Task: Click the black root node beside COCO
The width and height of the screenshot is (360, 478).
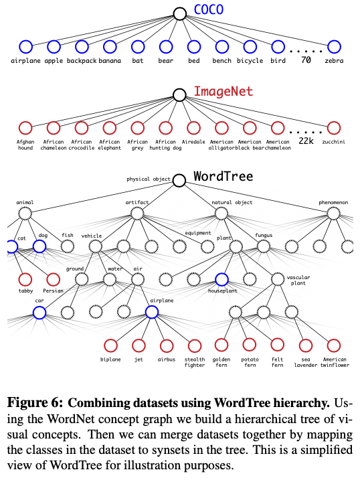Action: tap(179, 13)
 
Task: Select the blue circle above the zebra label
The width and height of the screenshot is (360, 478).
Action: tap(334, 47)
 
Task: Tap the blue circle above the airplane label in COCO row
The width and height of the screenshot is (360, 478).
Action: tap(25, 47)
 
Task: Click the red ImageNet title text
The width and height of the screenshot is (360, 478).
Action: tap(219, 92)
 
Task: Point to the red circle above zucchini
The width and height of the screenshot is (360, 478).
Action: tap(334, 127)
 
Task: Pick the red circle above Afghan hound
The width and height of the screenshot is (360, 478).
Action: tap(25, 127)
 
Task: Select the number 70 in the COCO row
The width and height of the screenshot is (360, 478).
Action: tap(306, 60)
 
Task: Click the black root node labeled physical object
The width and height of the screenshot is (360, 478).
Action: tap(179, 180)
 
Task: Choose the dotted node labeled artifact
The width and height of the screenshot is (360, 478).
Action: tap(137, 213)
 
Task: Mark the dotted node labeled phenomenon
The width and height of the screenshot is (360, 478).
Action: tap(334, 213)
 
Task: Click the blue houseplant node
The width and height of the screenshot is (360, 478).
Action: tap(221, 281)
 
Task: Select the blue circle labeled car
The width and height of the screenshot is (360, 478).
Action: tap(39, 312)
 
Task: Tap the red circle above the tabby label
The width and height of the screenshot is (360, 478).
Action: tap(25, 278)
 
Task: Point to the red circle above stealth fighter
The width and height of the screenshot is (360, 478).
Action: tap(195, 345)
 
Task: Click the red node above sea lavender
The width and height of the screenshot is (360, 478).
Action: tap(306, 345)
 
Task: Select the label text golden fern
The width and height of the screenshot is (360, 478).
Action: tap(221, 362)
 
